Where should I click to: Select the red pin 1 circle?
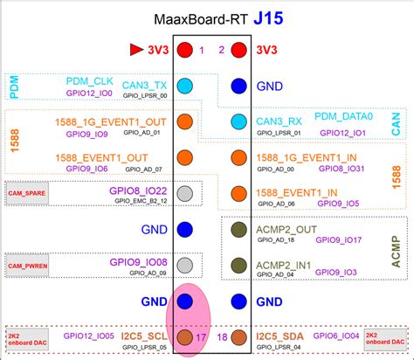184,51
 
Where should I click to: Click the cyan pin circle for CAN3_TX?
184,87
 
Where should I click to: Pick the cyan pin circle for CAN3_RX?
238,121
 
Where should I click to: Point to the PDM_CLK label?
90,80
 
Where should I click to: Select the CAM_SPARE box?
26,190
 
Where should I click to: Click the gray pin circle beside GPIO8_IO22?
184,194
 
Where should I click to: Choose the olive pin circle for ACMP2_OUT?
238,230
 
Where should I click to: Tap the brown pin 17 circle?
184,336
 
